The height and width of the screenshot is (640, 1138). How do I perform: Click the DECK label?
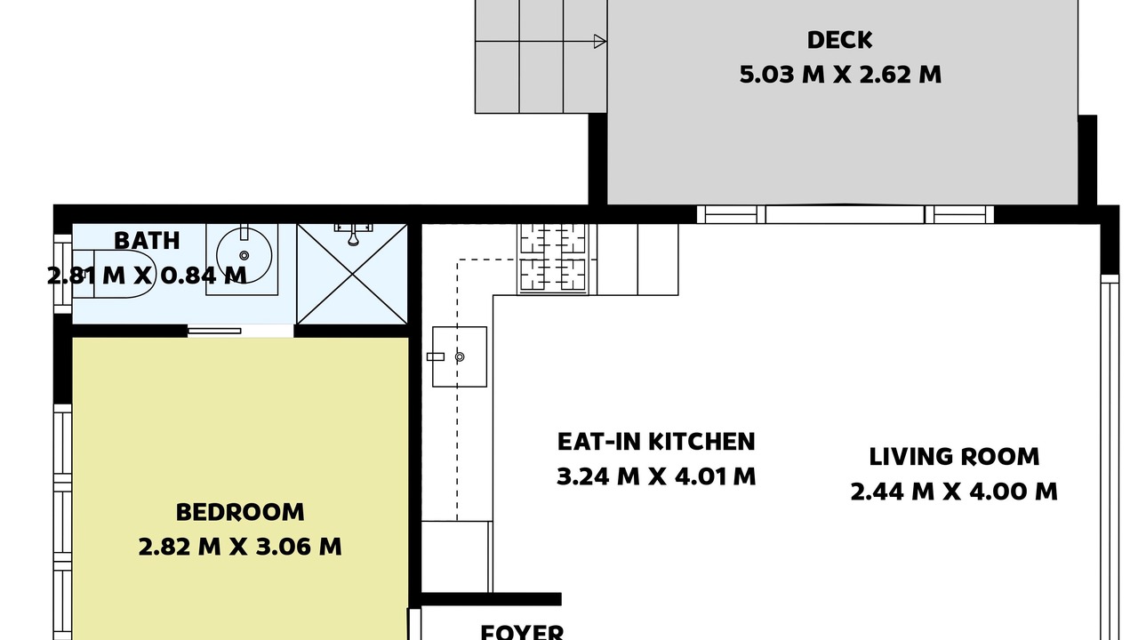[840, 40]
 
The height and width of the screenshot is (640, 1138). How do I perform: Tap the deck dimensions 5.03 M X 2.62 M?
[840, 75]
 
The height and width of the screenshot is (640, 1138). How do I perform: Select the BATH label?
[147, 241]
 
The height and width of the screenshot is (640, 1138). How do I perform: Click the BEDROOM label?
[240, 512]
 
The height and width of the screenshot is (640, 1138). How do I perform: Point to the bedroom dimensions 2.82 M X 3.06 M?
[240, 547]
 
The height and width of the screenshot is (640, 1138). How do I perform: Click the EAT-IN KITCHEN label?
[656, 442]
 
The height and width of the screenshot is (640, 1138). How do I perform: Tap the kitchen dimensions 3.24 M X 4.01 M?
[656, 477]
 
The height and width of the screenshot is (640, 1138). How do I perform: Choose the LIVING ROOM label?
[954, 457]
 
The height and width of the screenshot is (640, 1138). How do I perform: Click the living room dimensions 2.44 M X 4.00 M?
[954, 492]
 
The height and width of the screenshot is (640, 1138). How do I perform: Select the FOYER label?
[522, 632]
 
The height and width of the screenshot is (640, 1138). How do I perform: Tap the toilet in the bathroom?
[114, 274]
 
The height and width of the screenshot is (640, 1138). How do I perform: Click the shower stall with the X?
[352, 274]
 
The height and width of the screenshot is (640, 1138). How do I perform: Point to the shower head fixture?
[353, 234]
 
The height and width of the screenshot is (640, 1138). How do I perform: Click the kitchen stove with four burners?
[553, 259]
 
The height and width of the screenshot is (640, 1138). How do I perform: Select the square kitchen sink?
[460, 356]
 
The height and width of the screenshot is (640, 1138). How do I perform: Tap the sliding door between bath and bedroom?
[214, 332]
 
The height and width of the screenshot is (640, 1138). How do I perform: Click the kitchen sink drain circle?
[460, 357]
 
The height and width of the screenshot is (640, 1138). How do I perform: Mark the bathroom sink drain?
[244, 255]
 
